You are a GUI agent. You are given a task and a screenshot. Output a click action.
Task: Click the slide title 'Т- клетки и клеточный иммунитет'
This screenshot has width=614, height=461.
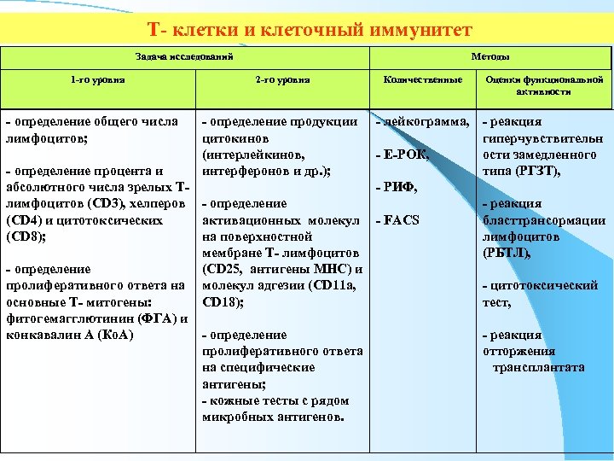pos(309,31)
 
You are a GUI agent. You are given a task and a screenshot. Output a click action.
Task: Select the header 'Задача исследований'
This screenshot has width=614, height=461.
pos(183,55)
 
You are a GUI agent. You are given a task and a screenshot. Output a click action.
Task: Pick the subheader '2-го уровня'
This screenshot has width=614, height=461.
pos(282,80)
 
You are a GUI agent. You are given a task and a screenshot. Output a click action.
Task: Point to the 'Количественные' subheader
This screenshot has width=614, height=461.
pos(423,80)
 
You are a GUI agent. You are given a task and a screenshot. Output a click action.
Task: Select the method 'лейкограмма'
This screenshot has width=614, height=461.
pos(426,122)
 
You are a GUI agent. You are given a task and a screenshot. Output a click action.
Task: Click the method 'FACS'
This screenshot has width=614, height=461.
pos(401,221)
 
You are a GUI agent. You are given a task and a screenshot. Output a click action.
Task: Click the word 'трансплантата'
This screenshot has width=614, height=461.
pos(538,367)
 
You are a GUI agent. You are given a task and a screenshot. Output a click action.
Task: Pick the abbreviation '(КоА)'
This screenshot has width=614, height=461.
pos(115,335)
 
